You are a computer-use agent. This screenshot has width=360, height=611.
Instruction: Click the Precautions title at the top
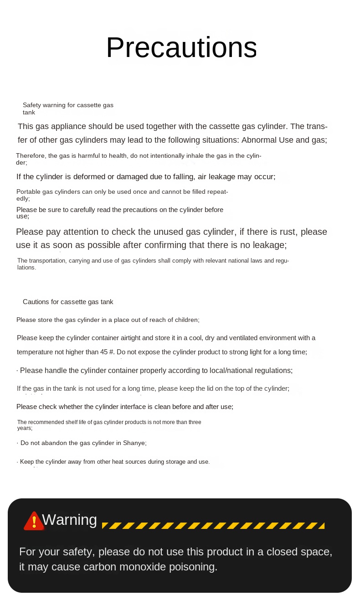tap(181, 47)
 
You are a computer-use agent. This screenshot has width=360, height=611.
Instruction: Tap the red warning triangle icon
tap(34, 521)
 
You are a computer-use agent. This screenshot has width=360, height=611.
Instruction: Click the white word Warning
tap(69, 520)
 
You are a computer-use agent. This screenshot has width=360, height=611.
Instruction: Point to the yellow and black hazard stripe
tap(213, 526)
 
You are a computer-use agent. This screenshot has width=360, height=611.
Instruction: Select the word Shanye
tap(134, 443)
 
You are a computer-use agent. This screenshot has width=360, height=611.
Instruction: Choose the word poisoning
tap(195, 567)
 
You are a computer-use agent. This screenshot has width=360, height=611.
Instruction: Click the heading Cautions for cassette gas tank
tap(68, 302)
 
